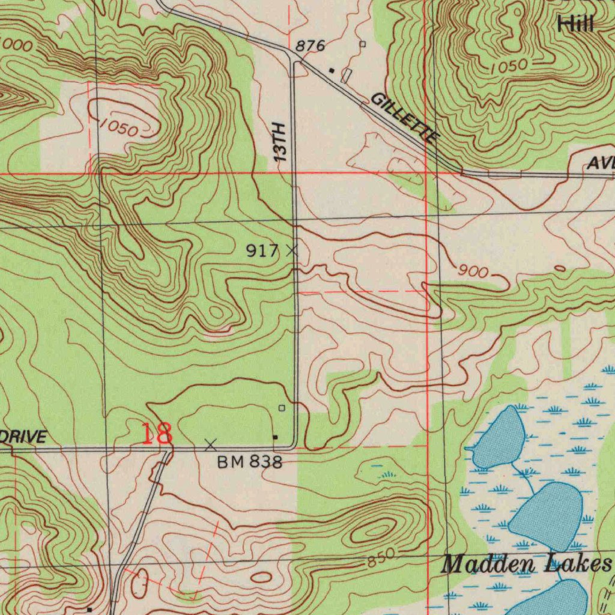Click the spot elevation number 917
(262, 251)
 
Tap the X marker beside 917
(292, 250)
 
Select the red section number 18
(157, 433)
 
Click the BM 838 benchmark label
(249, 462)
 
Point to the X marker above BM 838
(210, 445)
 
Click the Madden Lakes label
(526, 565)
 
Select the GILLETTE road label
(404, 118)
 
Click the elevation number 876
(311, 46)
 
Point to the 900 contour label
(473, 272)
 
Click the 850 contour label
(381, 559)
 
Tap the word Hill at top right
(575, 25)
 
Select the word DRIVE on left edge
(23, 437)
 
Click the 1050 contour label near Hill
(508, 67)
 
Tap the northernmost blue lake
(499, 437)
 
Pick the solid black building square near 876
(331, 70)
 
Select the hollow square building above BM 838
(282, 408)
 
